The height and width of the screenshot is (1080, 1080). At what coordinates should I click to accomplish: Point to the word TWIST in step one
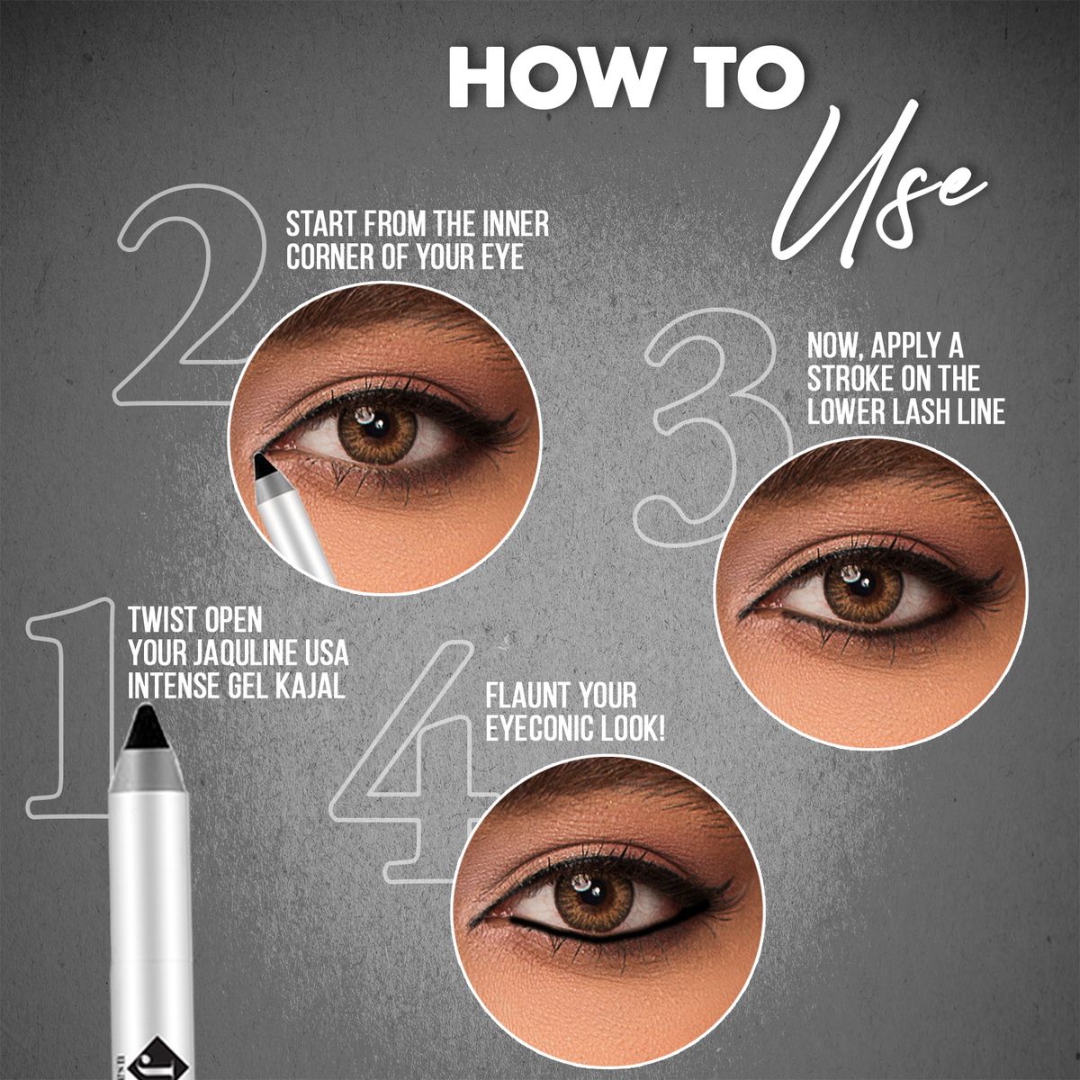(163, 619)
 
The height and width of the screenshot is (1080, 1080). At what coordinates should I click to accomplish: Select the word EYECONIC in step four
(538, 729)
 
